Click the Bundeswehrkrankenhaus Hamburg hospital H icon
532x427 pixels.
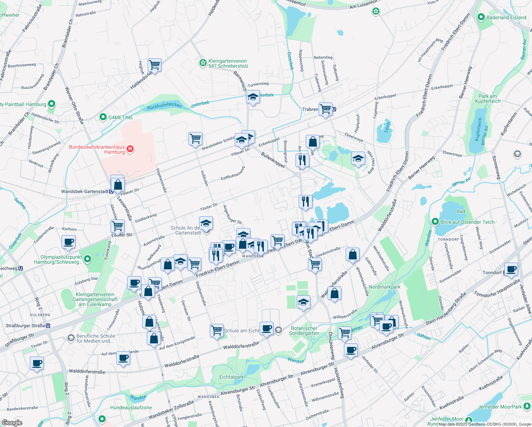[x=130, y=149]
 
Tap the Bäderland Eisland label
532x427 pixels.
[x=506, y=17]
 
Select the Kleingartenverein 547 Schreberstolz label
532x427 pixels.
[x=228, y=63]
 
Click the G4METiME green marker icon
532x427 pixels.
[x=103, y=117]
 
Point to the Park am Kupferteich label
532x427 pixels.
[x=489, y=99]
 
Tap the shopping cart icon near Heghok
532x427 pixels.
[x=154, y=65]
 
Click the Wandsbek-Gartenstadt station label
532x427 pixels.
[x=85, y=191]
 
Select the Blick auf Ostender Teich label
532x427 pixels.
[x=467, y=222]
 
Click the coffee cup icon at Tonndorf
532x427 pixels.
[x=511, y=269]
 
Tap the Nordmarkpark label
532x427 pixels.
[x=384, y=287]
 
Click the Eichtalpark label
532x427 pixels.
[x=232, y=377]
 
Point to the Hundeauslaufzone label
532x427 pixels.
[x=131, y=407]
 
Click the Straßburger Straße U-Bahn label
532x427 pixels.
[x=25, y=326]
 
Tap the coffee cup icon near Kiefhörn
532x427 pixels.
[x=68, y=242]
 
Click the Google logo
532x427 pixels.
[x=12, y=423]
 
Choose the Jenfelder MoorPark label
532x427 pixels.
[x=500, y=407]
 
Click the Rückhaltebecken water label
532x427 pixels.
[x=164, y=106]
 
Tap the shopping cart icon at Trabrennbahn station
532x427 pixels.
[x=325, y=109]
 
